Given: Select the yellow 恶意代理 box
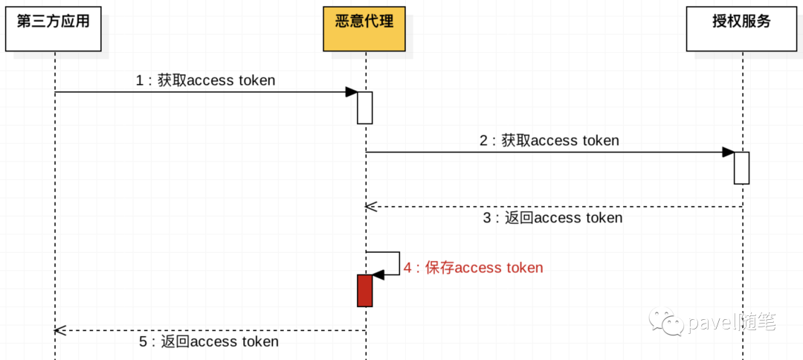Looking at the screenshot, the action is pos(364,29).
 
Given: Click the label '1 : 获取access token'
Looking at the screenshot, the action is pos(205,80).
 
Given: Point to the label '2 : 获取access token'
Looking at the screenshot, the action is pos(549,141).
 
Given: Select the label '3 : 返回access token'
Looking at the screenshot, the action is pos(552,218).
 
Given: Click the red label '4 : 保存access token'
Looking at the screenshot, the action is pos(473,268).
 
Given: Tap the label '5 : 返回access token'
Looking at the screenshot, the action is pos(209,341).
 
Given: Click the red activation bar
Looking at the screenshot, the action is pos(364,290).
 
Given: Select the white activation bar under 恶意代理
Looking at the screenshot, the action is pos(364,108).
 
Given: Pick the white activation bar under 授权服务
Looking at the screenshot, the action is pos(741,168).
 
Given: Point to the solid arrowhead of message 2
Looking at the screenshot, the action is pos(728,152).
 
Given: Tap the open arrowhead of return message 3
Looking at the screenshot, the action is pos(370,206).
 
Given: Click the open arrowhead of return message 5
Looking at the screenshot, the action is pos(60,330).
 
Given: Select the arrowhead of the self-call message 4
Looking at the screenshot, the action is pos(378,275).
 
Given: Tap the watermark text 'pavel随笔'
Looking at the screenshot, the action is pos(732,322).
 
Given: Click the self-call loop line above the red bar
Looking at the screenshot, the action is pos(399,263).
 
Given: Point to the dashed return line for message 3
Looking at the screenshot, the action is pos(554,206).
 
